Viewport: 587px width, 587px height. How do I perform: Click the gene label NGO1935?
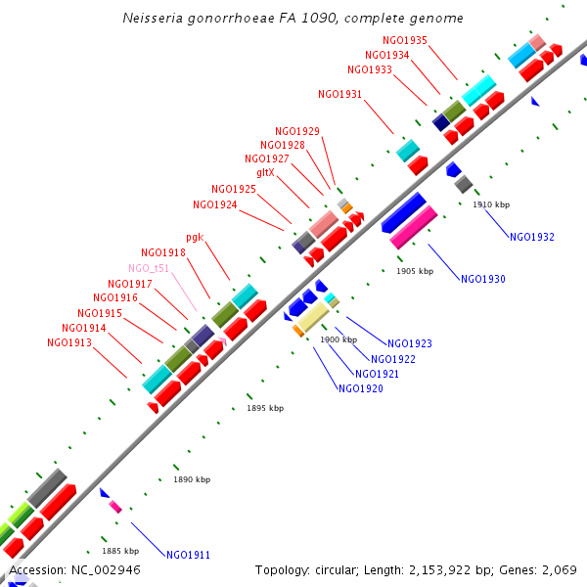click(405, 40)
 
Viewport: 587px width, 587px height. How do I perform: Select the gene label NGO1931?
click(340, 95)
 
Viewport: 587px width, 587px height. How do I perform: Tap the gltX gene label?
click(265, 172)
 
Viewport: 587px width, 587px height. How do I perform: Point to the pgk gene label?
click(195, 237)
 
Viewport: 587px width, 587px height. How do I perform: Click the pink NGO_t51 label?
click(149, 268)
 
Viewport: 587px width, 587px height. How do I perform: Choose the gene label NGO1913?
click(69, 343)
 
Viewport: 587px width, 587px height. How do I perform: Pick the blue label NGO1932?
click(532, 237)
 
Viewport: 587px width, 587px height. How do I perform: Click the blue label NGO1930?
click(483, 280)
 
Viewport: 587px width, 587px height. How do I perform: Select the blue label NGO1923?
click(410, 344)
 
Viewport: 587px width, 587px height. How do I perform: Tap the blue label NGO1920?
click(361, 389)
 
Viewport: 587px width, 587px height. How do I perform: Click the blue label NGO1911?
click(188, 556)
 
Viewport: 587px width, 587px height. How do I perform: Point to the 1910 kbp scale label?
click(491, 204)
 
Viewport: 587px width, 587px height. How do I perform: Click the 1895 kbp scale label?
click(265, 408)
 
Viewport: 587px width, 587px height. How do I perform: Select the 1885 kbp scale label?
click(120, 551)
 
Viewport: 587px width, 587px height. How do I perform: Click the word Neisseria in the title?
click(154, 19)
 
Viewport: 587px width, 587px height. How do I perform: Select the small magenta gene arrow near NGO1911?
click(115, 507)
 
